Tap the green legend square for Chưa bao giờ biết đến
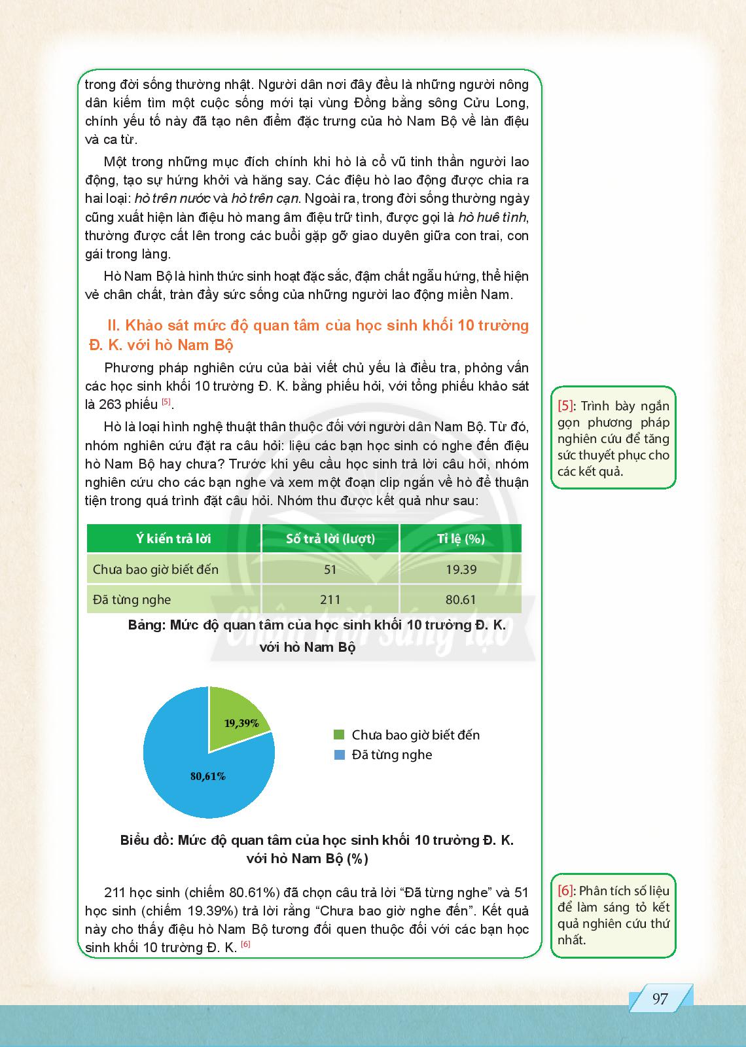(339, 734)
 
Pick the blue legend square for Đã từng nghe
(339, 754)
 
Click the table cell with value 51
(330, 569)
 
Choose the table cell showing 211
(330, 599)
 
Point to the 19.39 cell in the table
(461, 569)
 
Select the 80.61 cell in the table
(461, 599)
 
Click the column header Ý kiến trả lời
(173, 539)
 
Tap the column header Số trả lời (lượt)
(330, 539)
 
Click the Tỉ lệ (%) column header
(461, 539)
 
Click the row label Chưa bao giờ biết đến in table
(156, 569)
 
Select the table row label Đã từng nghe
(132, 599)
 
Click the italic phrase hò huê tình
(492, 217)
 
